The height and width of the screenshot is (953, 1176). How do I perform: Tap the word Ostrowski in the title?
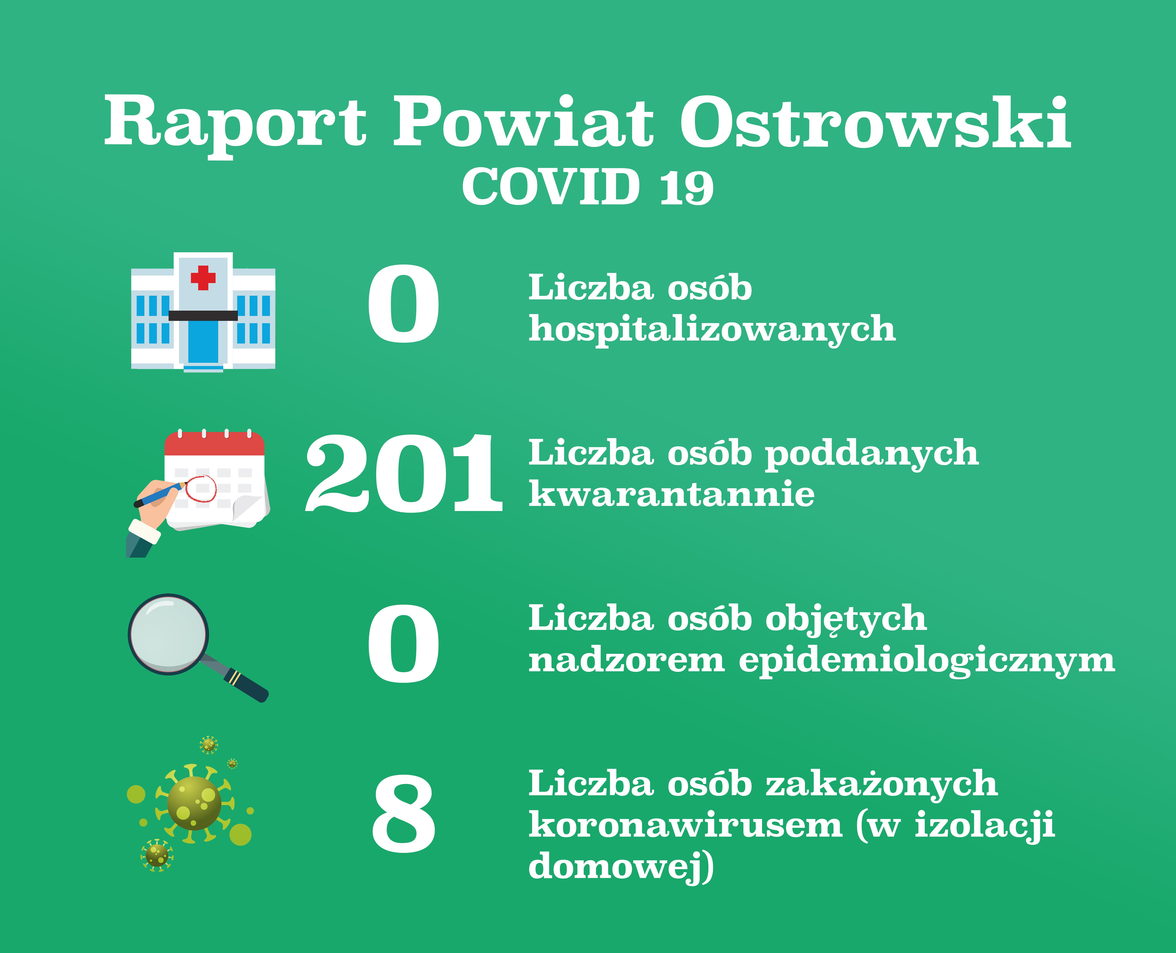[x=875, y=122]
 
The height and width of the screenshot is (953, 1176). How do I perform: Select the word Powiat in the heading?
[x=523, y=122]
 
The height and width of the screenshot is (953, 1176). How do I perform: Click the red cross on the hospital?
[x=203, y=278]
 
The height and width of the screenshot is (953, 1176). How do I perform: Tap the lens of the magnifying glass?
[x=168, y=634]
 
